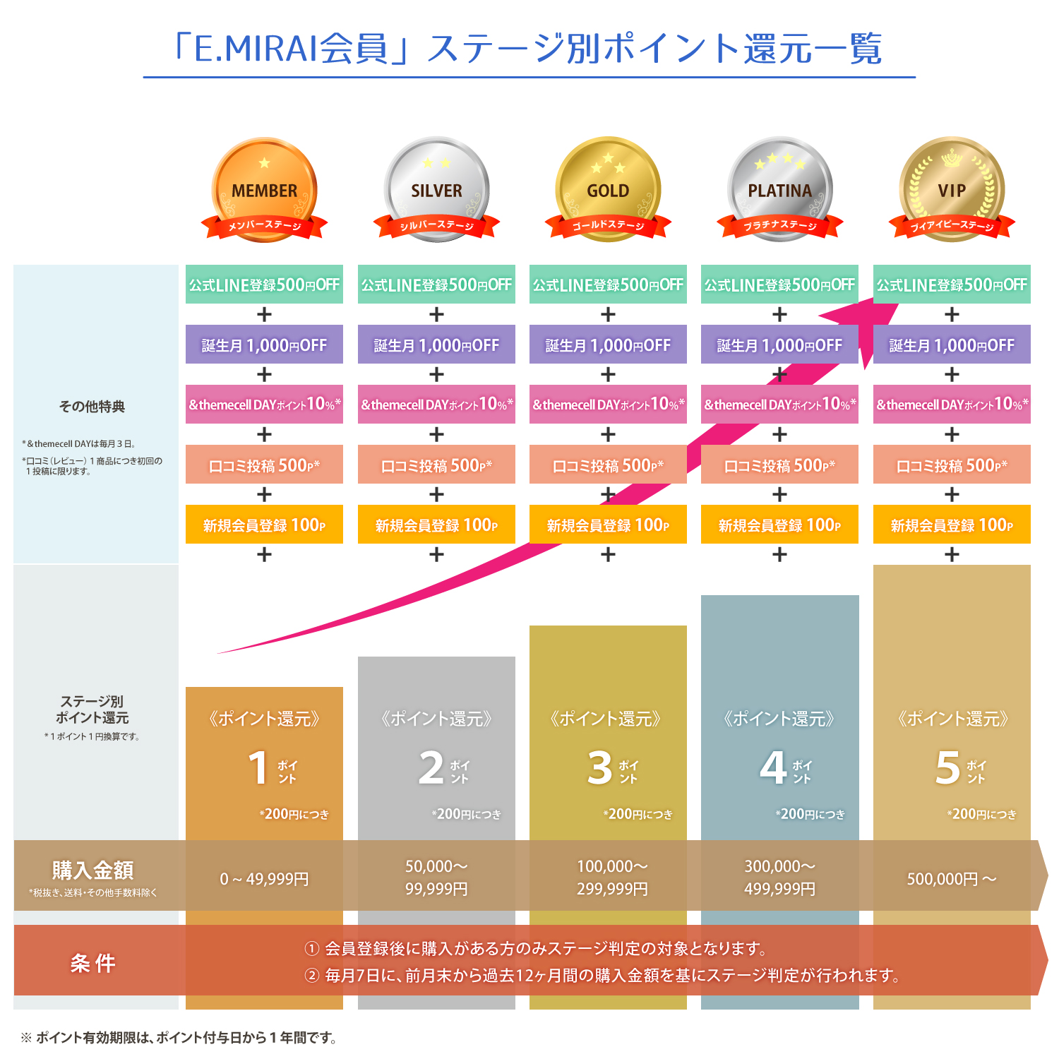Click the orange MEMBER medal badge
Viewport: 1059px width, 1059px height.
(264, 189)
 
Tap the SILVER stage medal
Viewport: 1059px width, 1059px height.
(436, 189)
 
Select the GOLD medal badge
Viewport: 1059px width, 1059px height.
(608, 189)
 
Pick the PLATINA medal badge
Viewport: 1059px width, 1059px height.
(779, 189)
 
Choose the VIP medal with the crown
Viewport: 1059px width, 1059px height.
(952, 189)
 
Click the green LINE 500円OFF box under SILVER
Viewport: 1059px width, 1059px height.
(436, 285)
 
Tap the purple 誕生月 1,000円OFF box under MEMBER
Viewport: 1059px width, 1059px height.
(264, 345)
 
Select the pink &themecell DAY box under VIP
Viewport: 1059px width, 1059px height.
(952, 405)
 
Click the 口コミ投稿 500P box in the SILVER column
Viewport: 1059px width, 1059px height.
(436, 465)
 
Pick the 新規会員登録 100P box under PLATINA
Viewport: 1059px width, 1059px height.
(779, 525)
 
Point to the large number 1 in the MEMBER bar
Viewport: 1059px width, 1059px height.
(258, 768)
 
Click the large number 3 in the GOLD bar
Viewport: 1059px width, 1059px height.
(600, 768)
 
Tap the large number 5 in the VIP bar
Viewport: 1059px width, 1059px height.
(947, 768)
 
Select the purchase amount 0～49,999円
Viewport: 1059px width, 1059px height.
(264, 879)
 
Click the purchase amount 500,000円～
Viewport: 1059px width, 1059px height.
(952, 879)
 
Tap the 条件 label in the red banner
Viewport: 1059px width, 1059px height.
(92, 963)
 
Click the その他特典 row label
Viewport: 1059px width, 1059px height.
(92, 406)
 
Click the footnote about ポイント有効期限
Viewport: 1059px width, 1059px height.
(180, 1037)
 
